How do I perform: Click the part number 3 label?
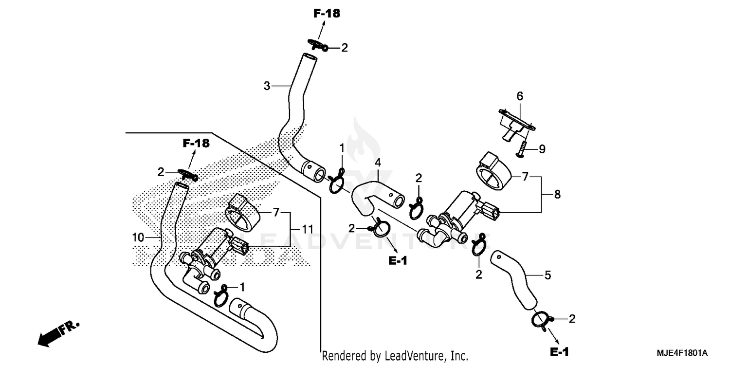coord(267,86)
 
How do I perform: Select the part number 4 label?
coord(377,162)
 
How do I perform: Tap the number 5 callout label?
coord(547,276)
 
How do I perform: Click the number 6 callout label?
coord(520,96)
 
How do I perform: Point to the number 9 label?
coord(542,149)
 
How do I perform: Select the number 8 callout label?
coord(557,194)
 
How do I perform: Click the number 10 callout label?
coord(138,237)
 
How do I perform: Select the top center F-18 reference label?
coord(327,14)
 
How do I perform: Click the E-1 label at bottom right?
coord(559,351)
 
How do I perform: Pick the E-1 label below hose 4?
coord(398,261)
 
